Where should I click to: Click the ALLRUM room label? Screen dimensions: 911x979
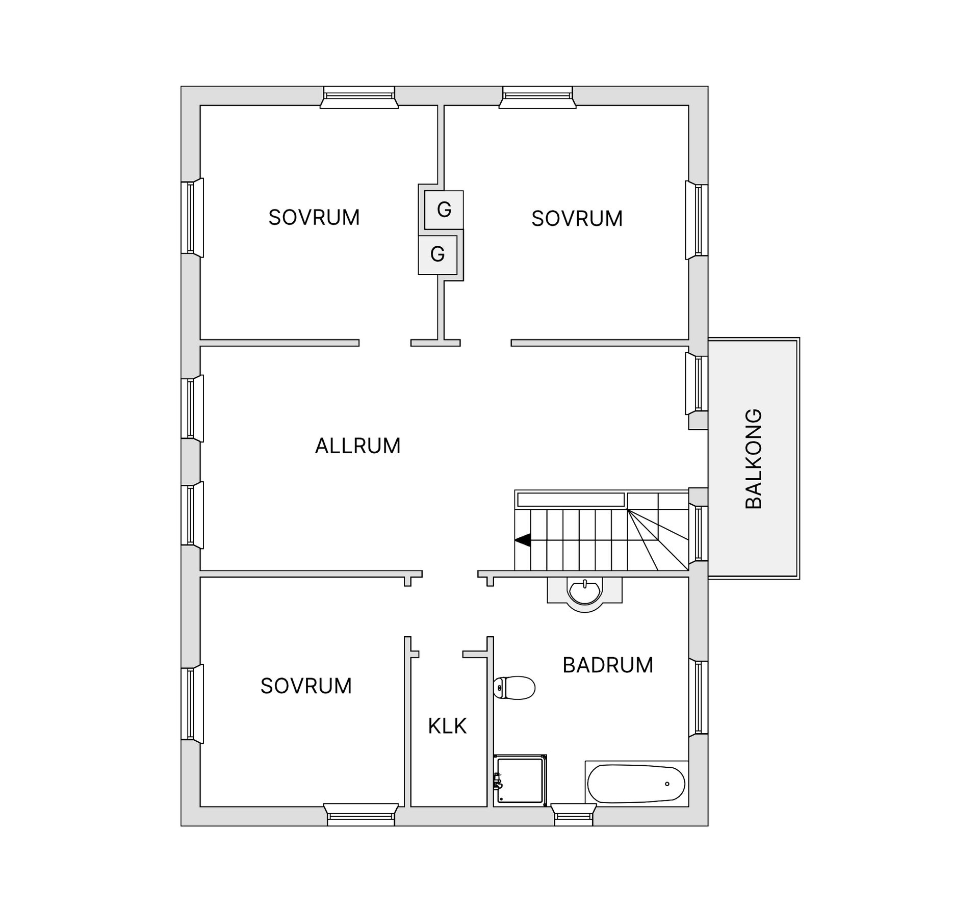pos(357,446)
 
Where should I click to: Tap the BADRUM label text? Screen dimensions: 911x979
pos(608,665)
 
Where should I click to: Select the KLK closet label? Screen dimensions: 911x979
pos(447,726)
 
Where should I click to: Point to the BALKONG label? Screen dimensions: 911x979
pos(754,458)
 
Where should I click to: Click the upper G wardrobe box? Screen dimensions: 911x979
pos(444,210)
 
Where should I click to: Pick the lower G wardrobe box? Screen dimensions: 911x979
pos(437,254)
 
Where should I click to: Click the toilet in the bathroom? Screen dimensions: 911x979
pos(515,688)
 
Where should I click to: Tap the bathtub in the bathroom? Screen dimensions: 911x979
pos(636,784)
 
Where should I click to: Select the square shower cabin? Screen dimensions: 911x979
pos(521,780)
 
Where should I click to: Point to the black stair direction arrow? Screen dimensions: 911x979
pos(523,540)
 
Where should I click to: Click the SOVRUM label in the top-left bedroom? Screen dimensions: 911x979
pos(314,218)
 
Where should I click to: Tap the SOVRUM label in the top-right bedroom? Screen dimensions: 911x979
pos(577,219)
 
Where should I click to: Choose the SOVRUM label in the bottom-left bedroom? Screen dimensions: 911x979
pos(306,686)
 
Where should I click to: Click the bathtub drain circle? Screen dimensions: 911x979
pos(667,784)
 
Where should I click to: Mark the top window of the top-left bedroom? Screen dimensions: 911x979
pos(359,97)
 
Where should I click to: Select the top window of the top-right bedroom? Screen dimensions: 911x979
pos(537,97)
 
